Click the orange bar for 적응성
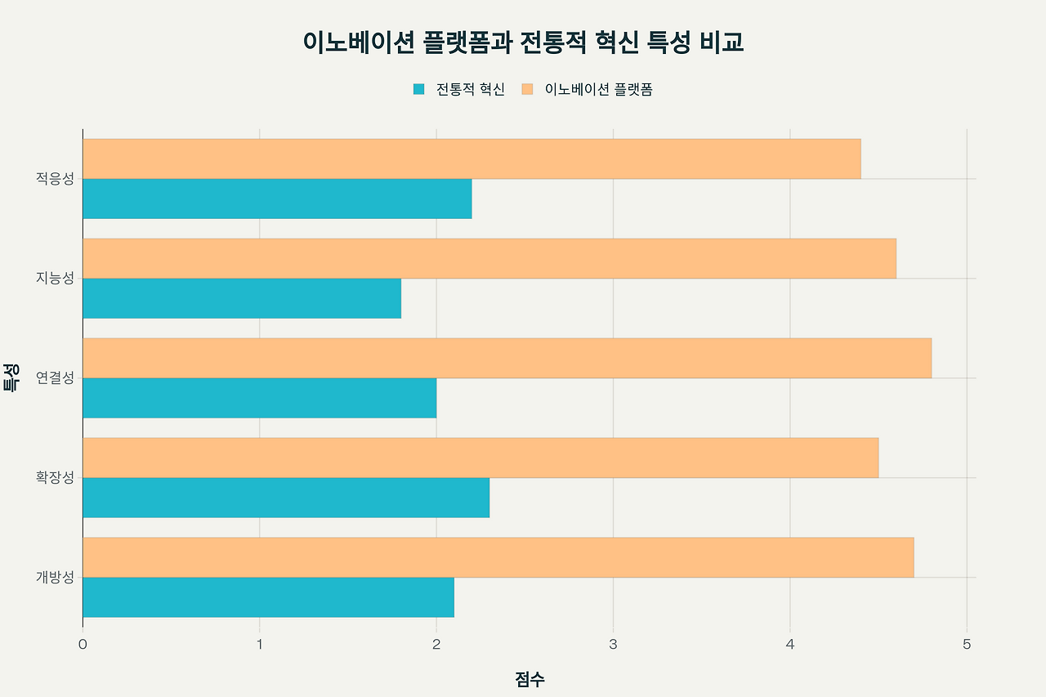coord(472,159)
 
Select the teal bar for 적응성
coord(277,199)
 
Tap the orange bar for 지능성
coord(489,258)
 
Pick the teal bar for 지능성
coord(242,298)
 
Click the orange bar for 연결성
coord(507,358)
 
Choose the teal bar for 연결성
coord(259,398)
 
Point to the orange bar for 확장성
coord(481,458)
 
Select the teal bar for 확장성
coord(286,498)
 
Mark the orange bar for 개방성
coord(498,557)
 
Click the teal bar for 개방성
coord(268,597)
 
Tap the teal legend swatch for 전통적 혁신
coord(419,89)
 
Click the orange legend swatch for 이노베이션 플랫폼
coord(528,89)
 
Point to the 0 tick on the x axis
coord(83,644)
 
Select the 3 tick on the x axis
coord(613,644)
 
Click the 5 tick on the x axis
coord(967,644)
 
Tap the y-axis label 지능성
coord(55,278)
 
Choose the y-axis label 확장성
coord(55,477)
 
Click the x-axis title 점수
coord(530,679)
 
